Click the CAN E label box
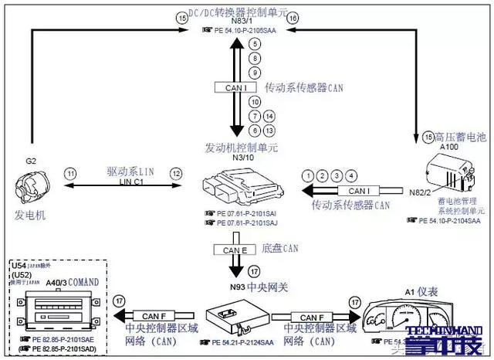click(235, 250)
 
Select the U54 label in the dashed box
click(19, 266)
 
